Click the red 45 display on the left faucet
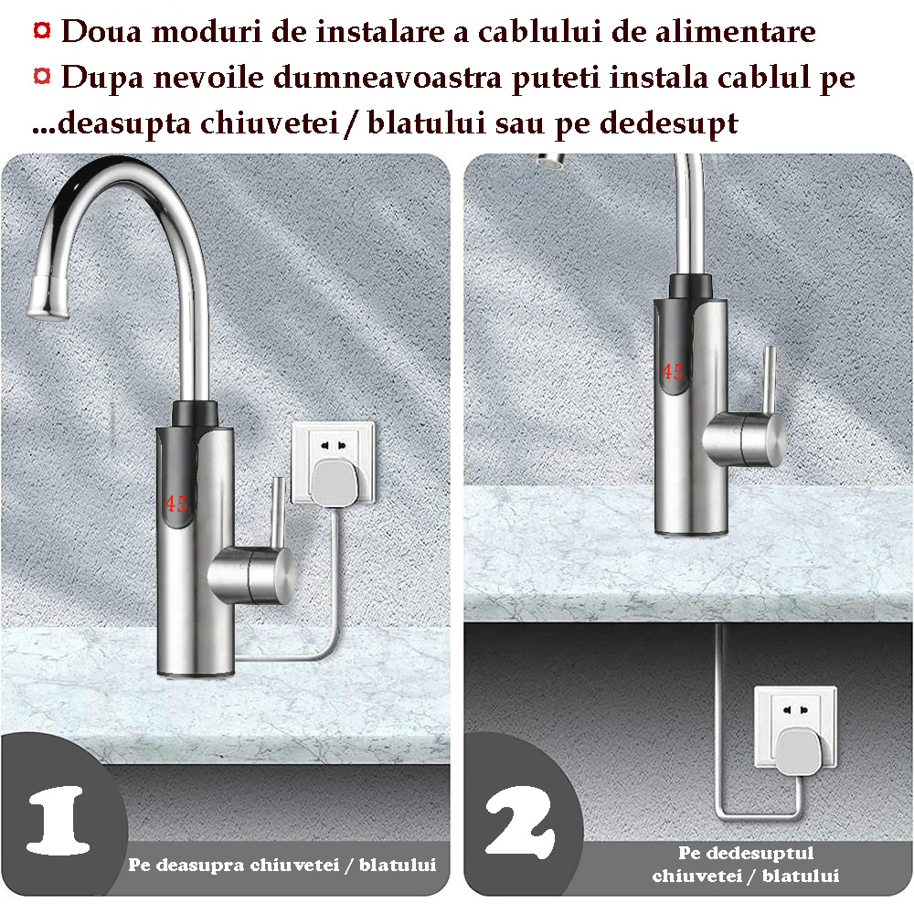pos(175,503)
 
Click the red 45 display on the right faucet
pos(672,371)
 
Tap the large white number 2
pos(520,822)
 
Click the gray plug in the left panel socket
pos(333,482)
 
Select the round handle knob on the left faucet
pos(252,574)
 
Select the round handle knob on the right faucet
pos(744,439)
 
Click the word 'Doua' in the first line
pos(101,31)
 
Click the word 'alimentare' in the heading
pos(735,31)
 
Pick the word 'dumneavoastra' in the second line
pos(387,77)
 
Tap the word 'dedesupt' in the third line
pos(669,123)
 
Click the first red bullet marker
pos(41,30)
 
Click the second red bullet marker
pos(41,76)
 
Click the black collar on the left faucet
pos(195,413)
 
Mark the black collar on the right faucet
pos(690,287)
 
